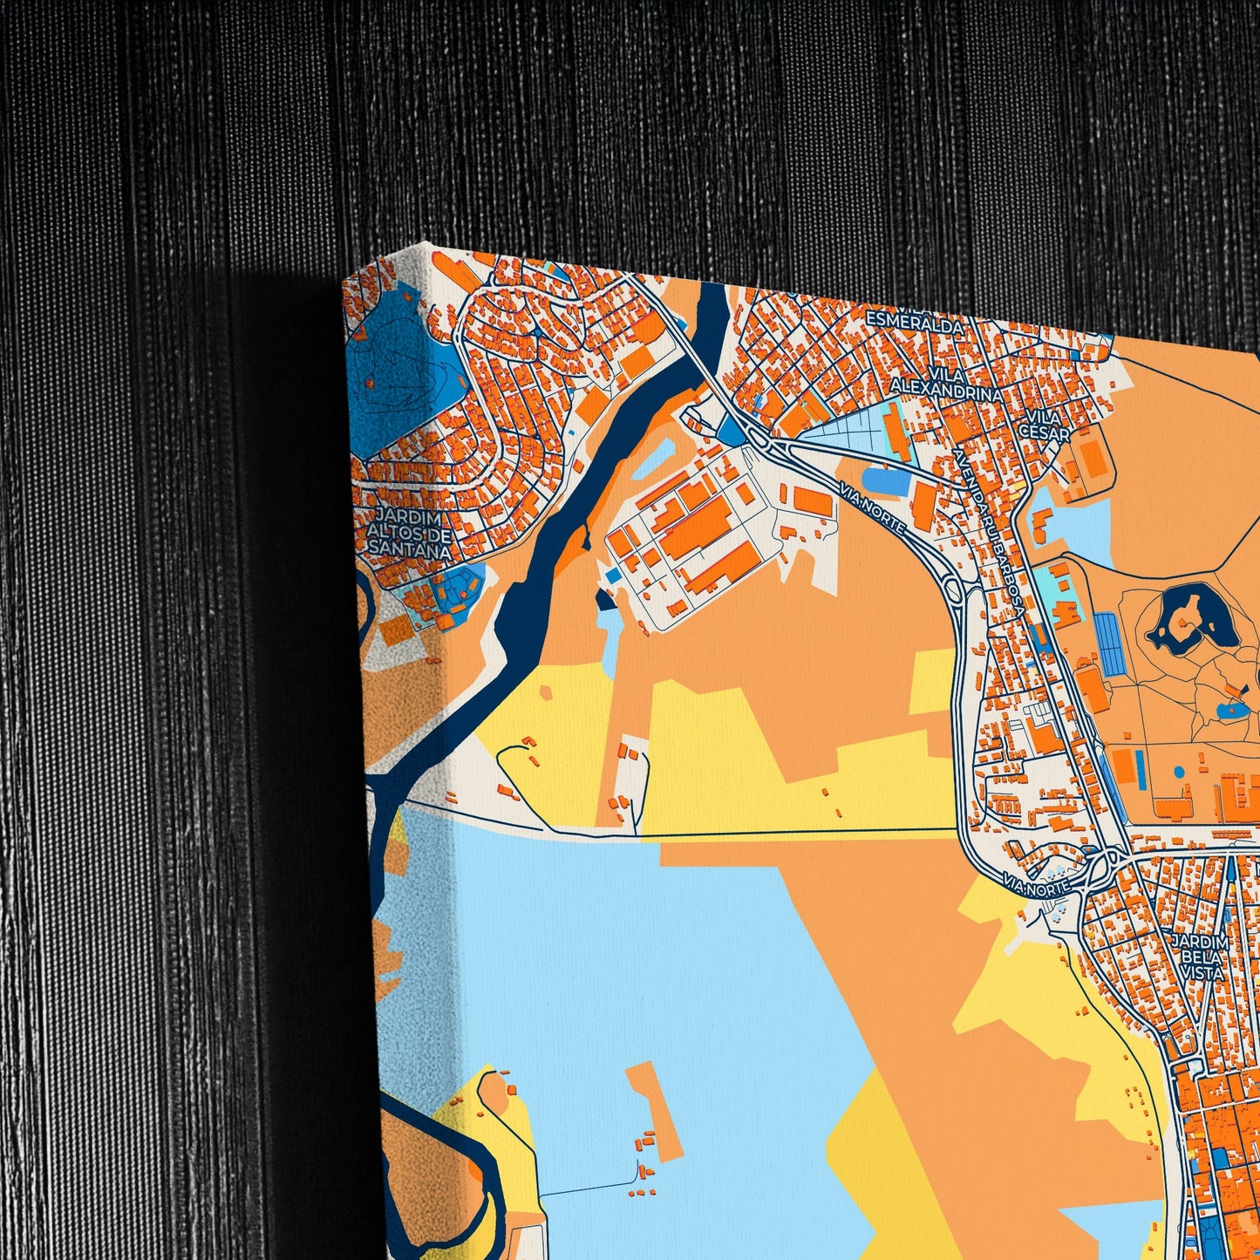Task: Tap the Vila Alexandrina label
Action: pyautogui.click(x=946, y=384)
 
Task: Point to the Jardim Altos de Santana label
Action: pyautogui.click(x=409, y=524)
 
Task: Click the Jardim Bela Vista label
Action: pyautogui.click(x=1201, y=957)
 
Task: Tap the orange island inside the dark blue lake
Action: pyautogui.click(x=1183, y=622)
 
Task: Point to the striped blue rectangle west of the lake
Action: pyautogui.click(x=1108, y=643)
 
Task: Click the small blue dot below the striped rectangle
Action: pyautogui.click(x=1179, y=772)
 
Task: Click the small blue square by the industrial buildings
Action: pyautogui.click(x=615, y=576)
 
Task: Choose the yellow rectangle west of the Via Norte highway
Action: pyautogui.click(x=932, y=681)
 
